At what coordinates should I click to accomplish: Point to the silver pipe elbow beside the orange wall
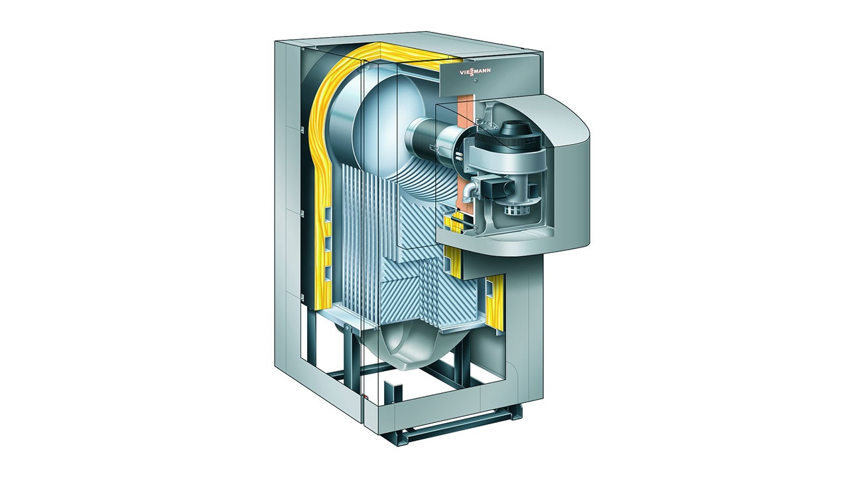(470, 191)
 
